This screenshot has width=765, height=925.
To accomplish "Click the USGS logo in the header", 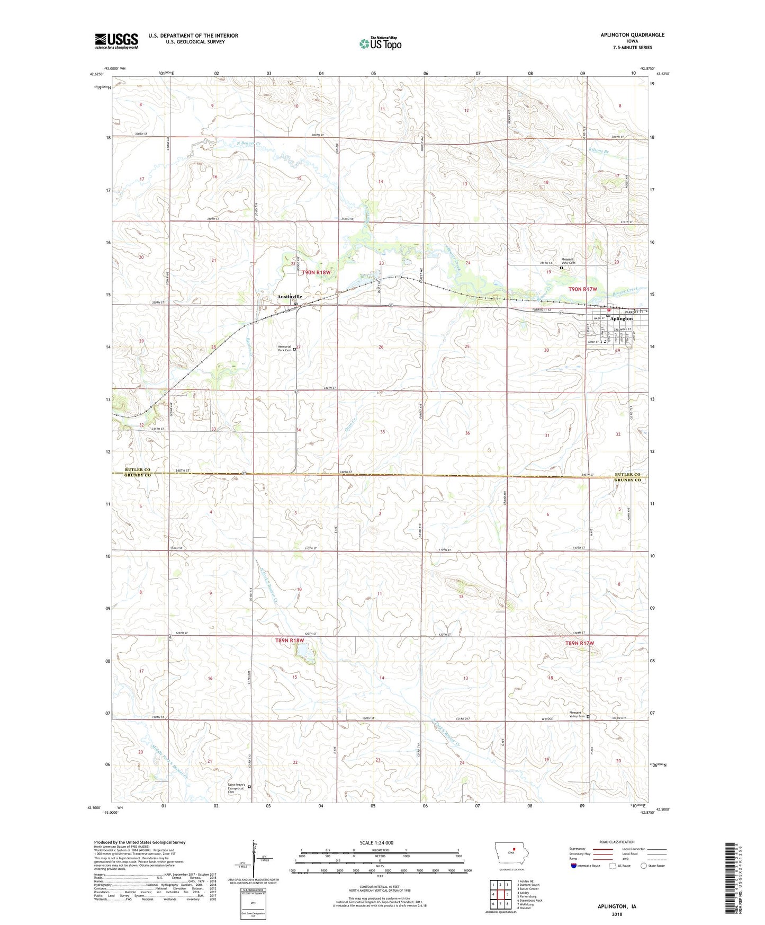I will coord(116,40).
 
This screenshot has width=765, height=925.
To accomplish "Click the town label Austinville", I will coord(290,297).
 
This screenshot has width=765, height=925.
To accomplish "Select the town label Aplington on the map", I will coord(621,318).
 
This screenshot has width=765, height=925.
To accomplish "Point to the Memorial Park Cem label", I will coord(284,348).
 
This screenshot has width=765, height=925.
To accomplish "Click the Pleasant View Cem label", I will coord(564,261).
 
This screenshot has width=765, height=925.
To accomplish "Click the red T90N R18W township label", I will coord(317,272).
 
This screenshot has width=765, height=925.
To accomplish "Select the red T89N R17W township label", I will coord(579,643).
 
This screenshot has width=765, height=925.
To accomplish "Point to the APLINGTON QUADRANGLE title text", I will coord(632,35).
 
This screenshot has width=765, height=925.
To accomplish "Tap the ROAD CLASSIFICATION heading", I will coord(617,842).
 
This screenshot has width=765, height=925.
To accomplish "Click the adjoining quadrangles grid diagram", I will coord(500,895).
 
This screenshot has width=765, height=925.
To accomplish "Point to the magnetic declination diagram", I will coord(253,864).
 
